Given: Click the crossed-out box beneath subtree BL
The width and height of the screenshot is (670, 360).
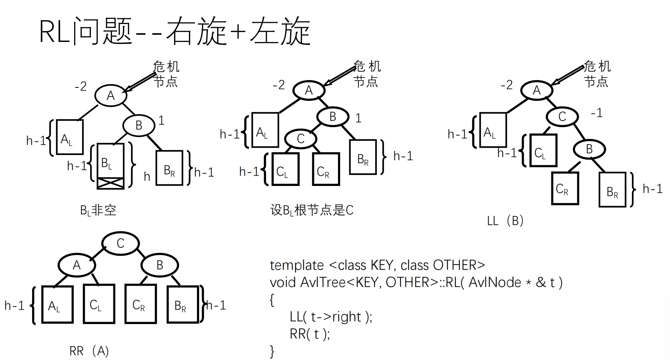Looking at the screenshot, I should point(110,183).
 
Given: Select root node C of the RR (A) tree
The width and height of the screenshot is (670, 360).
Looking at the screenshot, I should point(120,244).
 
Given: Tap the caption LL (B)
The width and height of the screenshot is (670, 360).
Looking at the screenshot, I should point(505,221).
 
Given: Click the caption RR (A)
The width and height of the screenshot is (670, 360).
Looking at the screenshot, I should point(89,351).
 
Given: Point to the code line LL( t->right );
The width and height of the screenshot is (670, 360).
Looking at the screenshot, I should point(331,317).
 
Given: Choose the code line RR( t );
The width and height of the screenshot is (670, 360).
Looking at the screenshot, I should point(310,334).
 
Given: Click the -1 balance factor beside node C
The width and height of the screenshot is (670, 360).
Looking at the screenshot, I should point(596,113).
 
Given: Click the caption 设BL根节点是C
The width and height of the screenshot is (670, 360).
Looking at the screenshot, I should point(312,210).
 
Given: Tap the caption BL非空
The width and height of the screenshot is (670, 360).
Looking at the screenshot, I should point(98,210).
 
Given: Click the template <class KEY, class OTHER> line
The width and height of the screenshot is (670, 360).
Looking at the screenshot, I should point(377,265).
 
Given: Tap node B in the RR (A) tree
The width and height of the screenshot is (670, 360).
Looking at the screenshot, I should point(160,265).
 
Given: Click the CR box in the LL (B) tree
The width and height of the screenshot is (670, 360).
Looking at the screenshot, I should point(565,189).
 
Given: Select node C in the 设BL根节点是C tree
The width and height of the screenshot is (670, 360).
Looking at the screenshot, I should point(301,139).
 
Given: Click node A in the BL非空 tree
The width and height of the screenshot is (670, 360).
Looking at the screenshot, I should point(111,95).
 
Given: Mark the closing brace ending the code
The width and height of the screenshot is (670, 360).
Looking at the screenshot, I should point(272,351).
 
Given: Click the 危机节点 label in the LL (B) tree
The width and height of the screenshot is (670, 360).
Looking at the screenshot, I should point(597,74).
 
